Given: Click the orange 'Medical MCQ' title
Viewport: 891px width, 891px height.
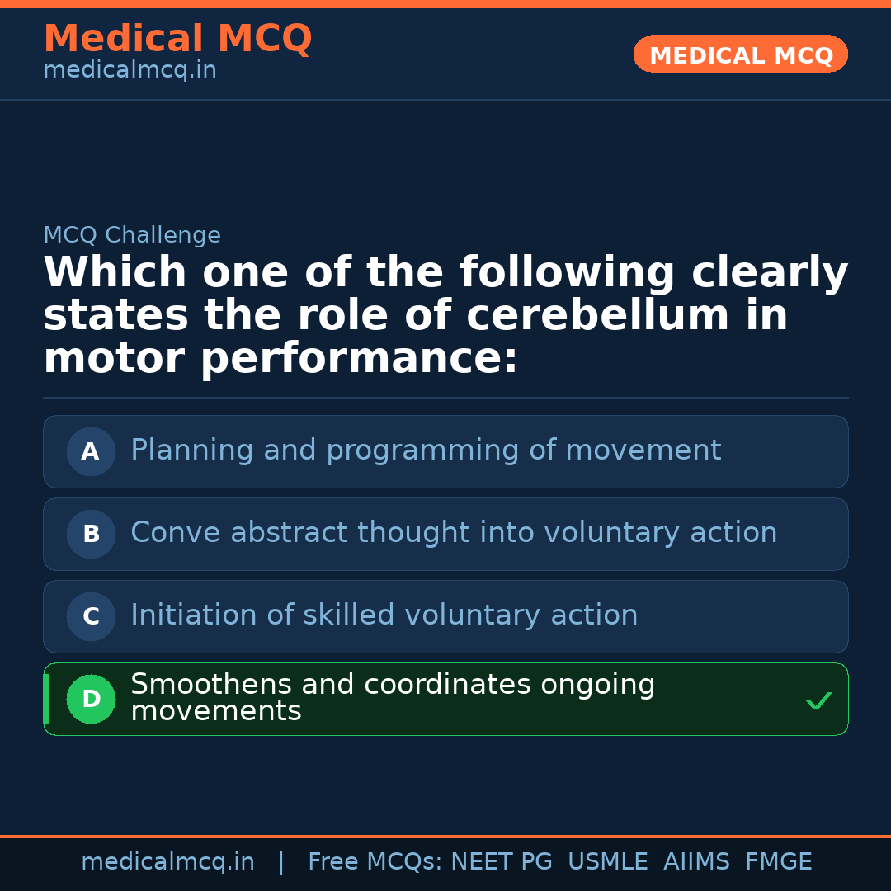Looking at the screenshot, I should [x=177, y=39].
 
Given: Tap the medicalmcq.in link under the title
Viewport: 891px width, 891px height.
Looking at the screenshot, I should [x=130, y=71].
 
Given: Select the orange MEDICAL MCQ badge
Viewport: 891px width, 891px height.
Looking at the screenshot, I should [x=741, y=55].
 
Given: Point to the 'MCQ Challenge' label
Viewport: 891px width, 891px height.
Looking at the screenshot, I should [x=132, y=235].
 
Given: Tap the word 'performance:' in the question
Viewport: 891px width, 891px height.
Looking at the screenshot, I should [x=359, y=359].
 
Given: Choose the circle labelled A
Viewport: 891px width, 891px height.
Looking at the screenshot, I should [x=91, y=451].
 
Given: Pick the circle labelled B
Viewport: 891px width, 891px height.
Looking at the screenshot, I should [x=91, y=534].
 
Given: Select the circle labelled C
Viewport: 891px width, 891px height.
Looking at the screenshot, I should [x=91, y=616].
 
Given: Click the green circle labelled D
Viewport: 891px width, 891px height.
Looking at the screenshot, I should [x=91, y=699].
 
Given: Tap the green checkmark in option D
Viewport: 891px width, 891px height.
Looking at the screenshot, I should [x=819, y=701].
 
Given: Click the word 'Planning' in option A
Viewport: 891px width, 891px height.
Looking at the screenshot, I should [x=181, y=450].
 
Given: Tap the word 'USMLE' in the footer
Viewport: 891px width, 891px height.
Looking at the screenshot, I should [x=608, y=862].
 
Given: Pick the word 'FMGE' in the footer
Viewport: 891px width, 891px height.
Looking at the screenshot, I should [x=779, y=862].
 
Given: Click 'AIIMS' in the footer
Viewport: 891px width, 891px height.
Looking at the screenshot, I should [x=696, y=862].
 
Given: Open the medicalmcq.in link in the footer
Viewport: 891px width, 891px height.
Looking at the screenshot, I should [x=167, y=862].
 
